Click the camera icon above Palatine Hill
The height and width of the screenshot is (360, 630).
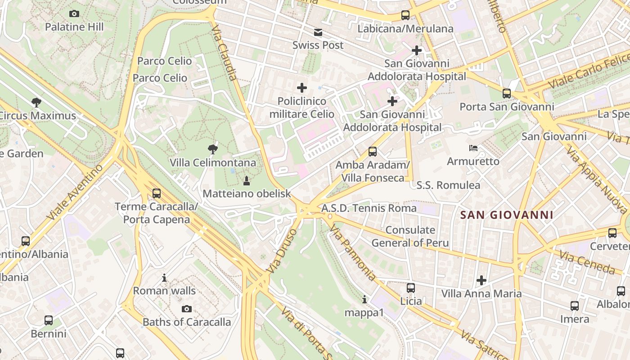point(74,14)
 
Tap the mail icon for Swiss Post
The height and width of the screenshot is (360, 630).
point(318,32)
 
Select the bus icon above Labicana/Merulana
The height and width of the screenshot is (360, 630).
point(405,15)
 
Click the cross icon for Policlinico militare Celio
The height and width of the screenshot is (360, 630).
point(302,88)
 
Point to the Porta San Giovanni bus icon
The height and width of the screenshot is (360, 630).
point(507,94)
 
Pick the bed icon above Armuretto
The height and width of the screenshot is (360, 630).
point(473,148)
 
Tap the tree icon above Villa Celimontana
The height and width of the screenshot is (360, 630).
point(212,149)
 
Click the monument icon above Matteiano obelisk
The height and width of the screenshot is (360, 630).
point(246,181)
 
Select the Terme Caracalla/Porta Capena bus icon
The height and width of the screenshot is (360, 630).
point(156,193)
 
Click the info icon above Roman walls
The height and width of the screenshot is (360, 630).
point(164,278)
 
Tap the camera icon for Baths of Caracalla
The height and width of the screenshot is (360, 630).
point(187,309)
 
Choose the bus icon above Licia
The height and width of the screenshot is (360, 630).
point(411,288)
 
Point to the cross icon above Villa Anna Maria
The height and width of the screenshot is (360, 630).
point(481,280)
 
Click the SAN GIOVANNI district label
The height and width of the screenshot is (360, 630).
point(507,215)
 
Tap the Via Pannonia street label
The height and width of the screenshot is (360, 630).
point(352,253)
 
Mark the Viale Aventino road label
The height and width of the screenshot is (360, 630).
point(74,192)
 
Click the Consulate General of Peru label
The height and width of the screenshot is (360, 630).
point(410,236)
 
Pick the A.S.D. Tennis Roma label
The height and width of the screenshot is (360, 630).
point(369,208)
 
